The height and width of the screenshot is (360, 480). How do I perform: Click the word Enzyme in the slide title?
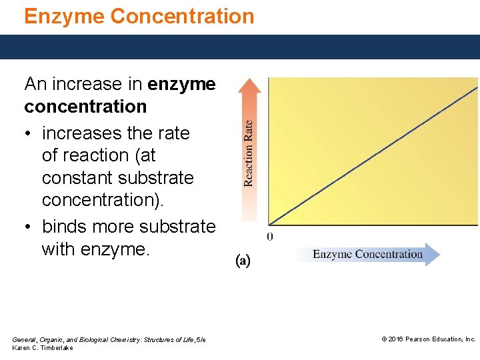(64, 16)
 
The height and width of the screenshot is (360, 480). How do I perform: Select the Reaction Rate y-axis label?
(248, 153)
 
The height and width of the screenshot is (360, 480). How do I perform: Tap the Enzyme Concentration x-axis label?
(367, 254)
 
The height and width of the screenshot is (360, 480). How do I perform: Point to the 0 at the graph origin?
(270, 236)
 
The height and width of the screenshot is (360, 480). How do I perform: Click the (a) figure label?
(243, 260)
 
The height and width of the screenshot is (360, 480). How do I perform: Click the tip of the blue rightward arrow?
(439, 254)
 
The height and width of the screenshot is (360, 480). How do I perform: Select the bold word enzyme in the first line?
(181, 84)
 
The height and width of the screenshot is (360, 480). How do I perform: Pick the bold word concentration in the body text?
(85, 107)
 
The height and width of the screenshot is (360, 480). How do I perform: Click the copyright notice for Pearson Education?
(428, 339)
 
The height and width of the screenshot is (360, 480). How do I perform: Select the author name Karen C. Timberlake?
(43, 348)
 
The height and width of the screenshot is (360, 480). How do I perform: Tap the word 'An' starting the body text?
(35, 84)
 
